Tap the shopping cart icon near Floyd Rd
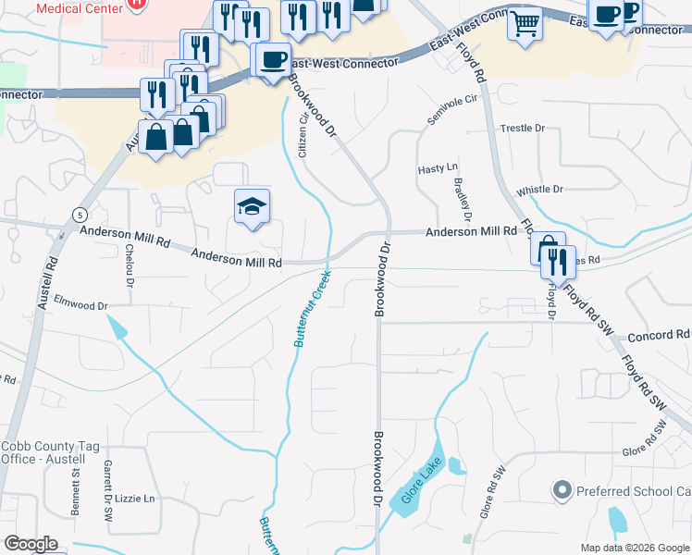coord(525,23)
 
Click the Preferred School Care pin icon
coord(561,490)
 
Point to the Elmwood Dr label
coord(81,302)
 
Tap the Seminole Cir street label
coord(456,110)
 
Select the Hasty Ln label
coord(439,169)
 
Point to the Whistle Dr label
coord(539,190)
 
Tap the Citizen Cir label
coord(303,133)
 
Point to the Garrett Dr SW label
coord(108,486)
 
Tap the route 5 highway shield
coord(73,215)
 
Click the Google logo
coord(31,544)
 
